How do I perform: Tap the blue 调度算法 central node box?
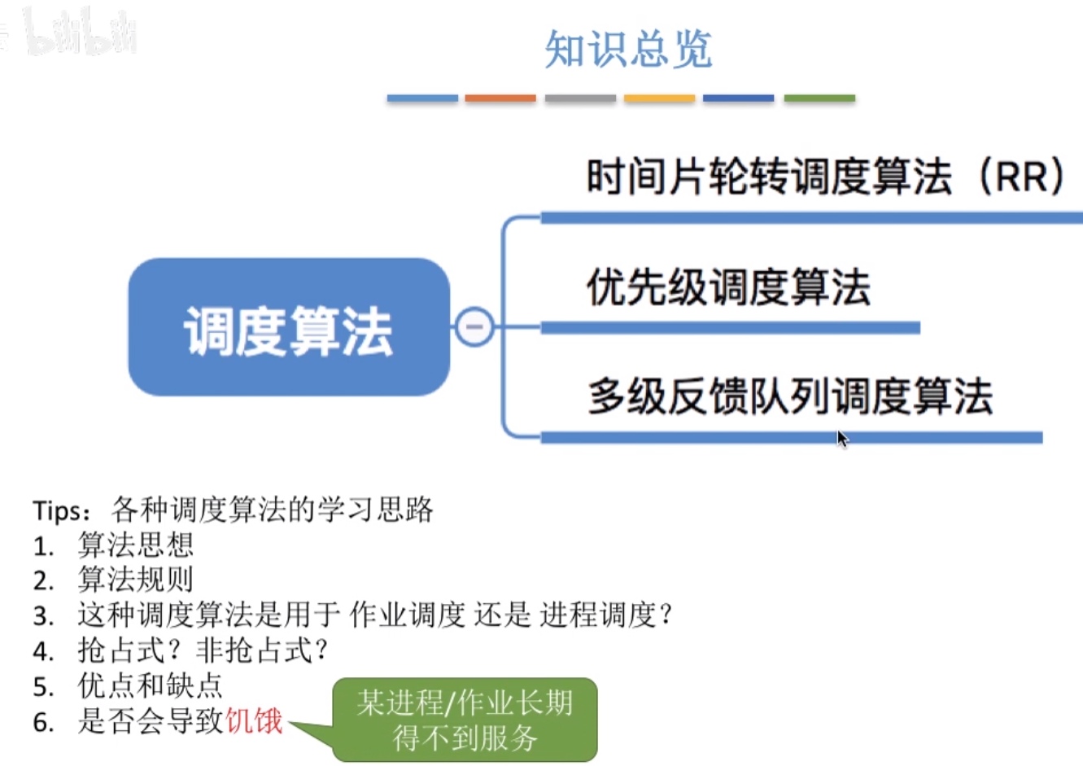coord(289,327)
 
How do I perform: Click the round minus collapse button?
coord(474,326)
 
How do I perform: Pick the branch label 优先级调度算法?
coord(728,287)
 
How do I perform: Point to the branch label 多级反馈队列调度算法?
coord(790,396)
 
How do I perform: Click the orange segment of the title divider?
coord(500,98)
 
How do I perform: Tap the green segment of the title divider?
coord(819,98)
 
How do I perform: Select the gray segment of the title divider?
coord(580,98)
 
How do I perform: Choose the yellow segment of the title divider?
coord(659,98)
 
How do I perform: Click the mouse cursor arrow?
coord(842,439)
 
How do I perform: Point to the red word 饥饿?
coord(255,721)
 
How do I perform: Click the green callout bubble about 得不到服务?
coord(465,719)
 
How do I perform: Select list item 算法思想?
coord(136,545)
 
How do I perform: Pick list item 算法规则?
coord(136,580)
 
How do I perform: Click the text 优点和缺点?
coord(151,685)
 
